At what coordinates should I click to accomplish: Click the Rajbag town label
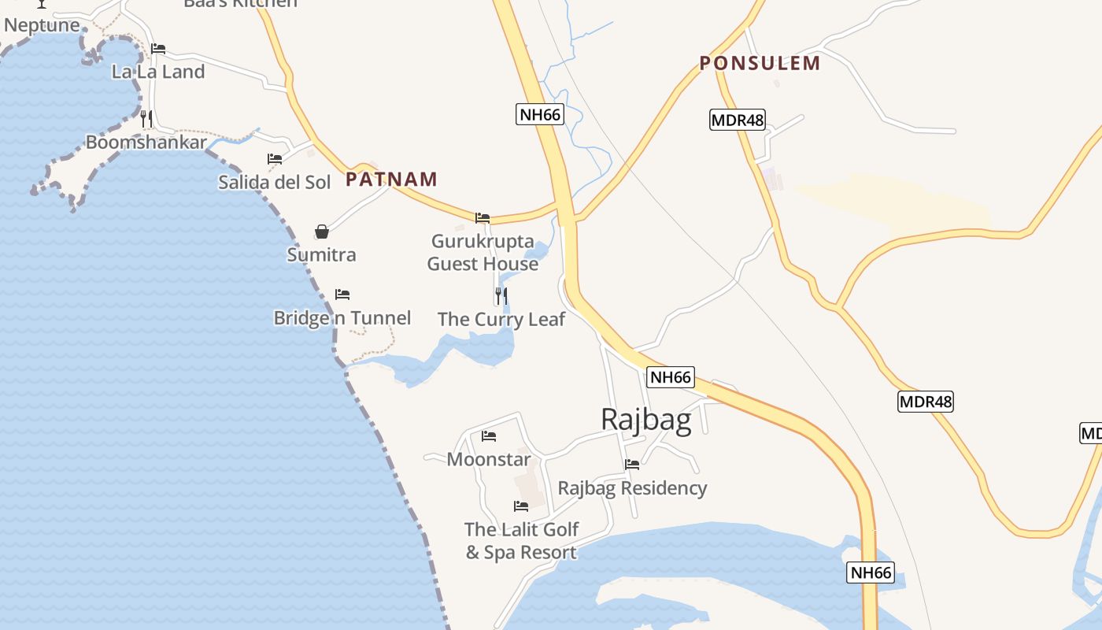(x=645, y=420)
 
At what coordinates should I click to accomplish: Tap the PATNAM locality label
(x=391, y=179)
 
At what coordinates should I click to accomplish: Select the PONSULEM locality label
(x=760, y=63)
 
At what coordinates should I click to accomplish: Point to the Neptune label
(x=42, y=24)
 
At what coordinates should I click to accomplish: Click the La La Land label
(x=158, y=72)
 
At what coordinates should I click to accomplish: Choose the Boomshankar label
(x=146, y=143)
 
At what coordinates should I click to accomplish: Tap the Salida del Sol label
(x=275, y=182)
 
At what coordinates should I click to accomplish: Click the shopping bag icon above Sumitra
(x=322, y=232)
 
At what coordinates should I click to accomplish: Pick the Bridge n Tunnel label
(x=342, y=318)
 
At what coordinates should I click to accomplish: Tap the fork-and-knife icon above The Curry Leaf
(x=501, y=296)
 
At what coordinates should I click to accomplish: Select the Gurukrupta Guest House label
(x=483, y=252)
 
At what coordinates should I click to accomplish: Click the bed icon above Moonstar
(x=489, y=435)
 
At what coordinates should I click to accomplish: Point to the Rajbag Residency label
(x=632, y=488)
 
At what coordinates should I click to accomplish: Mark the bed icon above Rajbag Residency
(x=632, y=465)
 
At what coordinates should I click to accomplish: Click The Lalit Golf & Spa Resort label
(x=521, y=540)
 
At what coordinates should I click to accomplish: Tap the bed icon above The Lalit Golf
(x=521, y=506)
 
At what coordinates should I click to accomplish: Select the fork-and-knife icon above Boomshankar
(x=146, y=119)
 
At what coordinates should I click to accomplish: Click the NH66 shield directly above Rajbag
(x=671, y=377)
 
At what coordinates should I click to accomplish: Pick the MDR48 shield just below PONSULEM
(x=737, y=120)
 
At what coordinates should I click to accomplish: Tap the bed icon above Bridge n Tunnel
(x=342, y=295)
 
